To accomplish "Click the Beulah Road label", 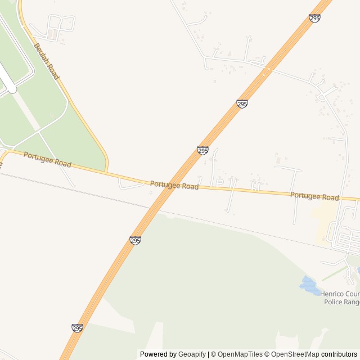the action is pyautogui.click(x=46, y=61).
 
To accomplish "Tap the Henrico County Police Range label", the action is pyautogui.click(x=340, y=298).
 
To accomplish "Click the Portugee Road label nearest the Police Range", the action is pyautogui.click(x=314, y=196).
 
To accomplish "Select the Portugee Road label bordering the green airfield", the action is pyautogui.click(x=47, y=159).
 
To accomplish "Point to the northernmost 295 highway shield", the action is pyautogui.click(x=314, y=19).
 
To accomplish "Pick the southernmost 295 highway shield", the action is pyautogui.click(x=78, y=328).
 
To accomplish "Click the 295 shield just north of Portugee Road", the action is pyautogui.click(x=202, y=151).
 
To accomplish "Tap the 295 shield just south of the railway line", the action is pyautogui.click(x=135, y=241).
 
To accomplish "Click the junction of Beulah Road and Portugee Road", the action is pyautogui.click(x=107, y=171).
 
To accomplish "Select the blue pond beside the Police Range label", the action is pyautogui.click(x=309, y=285).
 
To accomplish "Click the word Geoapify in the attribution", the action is pyautogui.click(x=192, y=354).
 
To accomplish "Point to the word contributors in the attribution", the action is pyautogui.click(x=339, y=354).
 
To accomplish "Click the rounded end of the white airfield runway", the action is pyautogui.click(x=11, y=88).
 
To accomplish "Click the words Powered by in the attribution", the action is pyautogui.click(x=158, y=354).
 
